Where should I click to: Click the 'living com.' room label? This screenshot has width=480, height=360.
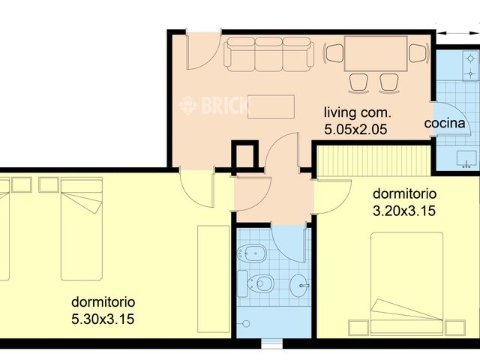point(358,113)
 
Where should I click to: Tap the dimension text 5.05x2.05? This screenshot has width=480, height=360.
point(355,130)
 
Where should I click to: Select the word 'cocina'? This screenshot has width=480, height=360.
point(445,123)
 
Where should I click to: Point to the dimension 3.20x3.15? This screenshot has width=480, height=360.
point(404,211)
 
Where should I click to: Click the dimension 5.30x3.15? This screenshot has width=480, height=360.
point(103,319)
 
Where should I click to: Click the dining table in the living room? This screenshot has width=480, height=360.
point(376,53)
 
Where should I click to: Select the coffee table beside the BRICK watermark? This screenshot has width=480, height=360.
point(271,106)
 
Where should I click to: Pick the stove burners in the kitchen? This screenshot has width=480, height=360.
point(470,66)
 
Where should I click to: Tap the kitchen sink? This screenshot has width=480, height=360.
point(466,159)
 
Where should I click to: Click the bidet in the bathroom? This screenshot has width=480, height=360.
point(252,253)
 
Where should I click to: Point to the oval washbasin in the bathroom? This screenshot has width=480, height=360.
point(300,285)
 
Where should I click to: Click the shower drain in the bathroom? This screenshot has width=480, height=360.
point(246,323)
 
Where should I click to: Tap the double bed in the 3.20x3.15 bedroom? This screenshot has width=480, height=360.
point(406,283)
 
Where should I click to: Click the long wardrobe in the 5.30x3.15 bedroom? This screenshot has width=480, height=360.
point(213,279)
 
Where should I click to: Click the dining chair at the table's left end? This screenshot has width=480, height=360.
point(334,53)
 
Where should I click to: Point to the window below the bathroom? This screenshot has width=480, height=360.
point(271,343)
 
